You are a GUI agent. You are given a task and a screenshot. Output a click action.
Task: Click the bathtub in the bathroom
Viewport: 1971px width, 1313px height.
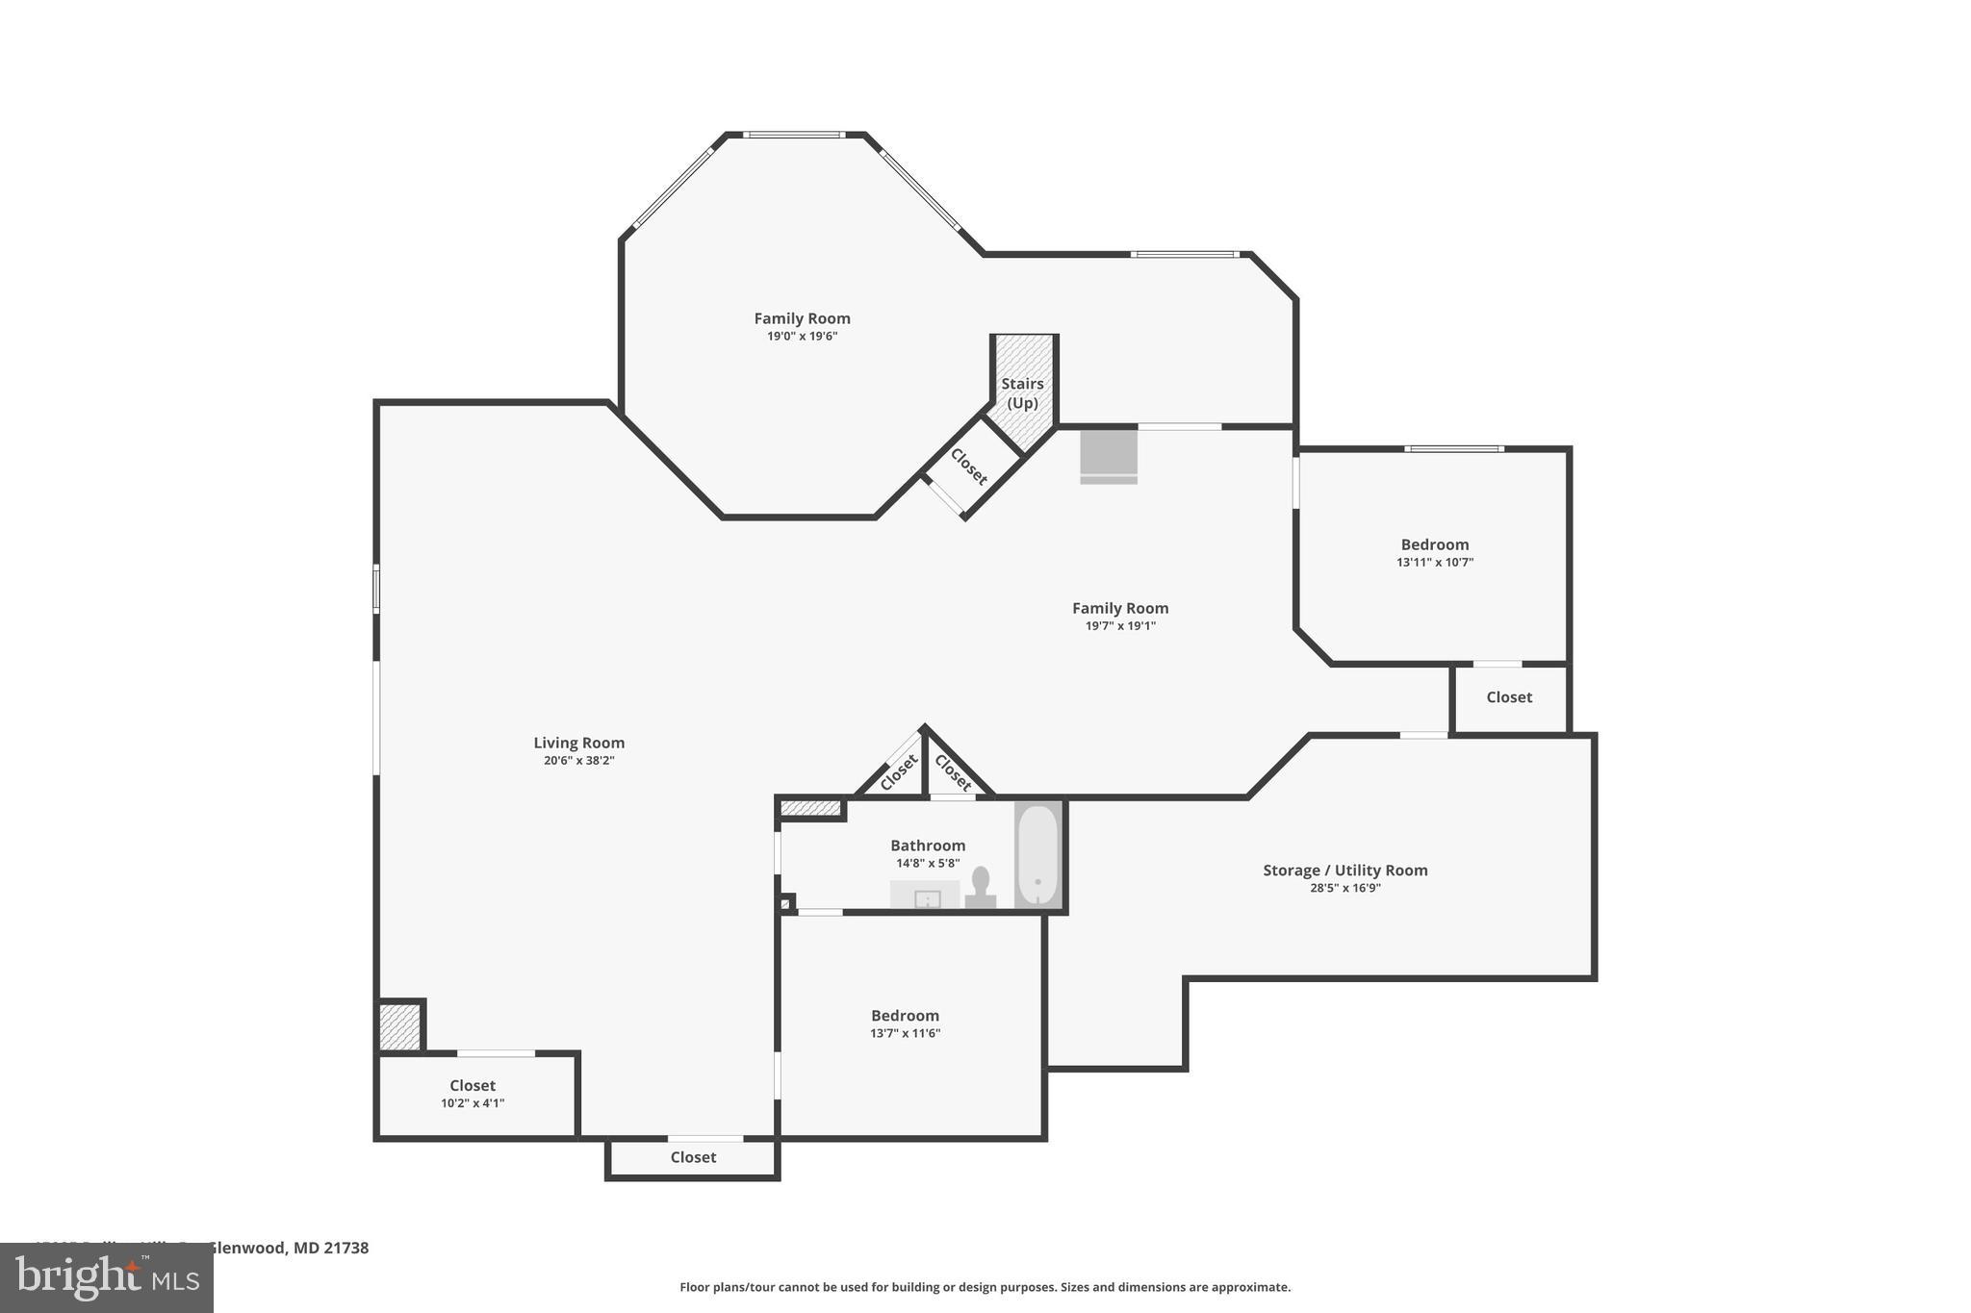[x=1037, y=854]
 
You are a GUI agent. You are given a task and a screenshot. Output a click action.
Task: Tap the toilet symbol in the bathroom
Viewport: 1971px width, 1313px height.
[x=981, y=888]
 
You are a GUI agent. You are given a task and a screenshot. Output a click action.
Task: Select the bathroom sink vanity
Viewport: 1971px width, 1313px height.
[x=925, y=896]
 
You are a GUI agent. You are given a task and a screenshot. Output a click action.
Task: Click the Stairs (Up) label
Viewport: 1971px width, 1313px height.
[x=1022, y=392]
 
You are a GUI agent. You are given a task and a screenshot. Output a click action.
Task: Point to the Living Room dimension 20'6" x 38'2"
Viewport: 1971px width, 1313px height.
[x=578, y=760]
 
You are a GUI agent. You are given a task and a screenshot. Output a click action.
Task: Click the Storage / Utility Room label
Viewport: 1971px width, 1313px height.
[x=1344, y=870]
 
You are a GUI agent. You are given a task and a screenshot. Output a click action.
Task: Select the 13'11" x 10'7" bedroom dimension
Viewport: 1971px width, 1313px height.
[x=1434, y=562]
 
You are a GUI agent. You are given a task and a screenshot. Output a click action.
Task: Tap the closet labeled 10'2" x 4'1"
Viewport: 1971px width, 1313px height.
[x=473, y=1095]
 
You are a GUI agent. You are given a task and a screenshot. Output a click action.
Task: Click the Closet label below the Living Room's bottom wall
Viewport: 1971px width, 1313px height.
[x=693, y=1157]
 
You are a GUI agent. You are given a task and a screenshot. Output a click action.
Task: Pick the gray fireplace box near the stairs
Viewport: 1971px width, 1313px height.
[x=1108, y=455]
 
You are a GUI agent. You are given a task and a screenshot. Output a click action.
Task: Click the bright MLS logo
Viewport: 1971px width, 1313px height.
[x=107, y=1277]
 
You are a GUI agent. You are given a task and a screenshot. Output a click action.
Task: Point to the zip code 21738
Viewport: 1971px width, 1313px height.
[x=346, y=1248]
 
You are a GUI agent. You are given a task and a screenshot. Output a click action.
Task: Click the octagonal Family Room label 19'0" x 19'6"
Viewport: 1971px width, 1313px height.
[x=802, y=326]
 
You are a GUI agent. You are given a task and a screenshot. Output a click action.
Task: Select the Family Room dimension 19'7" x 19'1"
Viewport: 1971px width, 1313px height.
[x=1120, y=625]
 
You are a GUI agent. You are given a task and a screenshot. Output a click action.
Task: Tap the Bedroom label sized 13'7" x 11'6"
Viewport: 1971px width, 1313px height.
[x=905, y=1023]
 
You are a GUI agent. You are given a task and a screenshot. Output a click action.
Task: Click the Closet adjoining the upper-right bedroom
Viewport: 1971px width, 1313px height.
[x=1508, y=697]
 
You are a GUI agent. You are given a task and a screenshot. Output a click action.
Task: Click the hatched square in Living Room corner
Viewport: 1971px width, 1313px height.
[x=399, y=1026]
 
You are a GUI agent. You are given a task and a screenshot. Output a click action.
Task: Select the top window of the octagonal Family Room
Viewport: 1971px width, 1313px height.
[x=794, y=135]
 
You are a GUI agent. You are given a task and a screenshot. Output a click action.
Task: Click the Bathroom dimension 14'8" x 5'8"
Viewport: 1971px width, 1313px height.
[x=928, y=863]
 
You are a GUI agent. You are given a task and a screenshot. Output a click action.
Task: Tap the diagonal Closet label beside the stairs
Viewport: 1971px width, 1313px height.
[x=968, y=467]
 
